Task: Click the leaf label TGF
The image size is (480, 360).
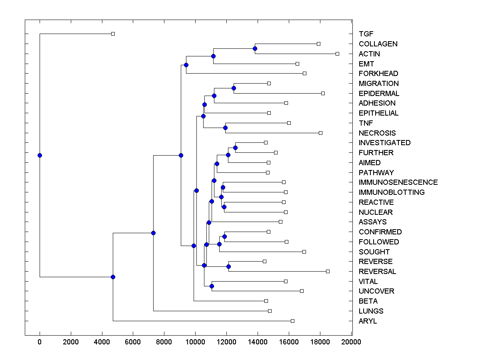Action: [366, 34]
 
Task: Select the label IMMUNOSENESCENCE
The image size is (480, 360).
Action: [398, 182]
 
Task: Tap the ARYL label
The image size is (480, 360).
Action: [368, 321]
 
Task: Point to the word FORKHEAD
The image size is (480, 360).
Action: [378, 74]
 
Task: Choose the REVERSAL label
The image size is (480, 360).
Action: [377, 272]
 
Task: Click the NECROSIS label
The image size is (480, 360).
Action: [377, 133]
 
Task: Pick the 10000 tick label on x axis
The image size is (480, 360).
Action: [195, 342]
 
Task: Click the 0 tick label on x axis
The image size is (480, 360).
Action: [40, 342]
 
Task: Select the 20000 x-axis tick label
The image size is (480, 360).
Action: [351, 342]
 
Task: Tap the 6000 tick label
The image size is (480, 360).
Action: [133, 342]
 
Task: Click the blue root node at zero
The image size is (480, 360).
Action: [40, 155]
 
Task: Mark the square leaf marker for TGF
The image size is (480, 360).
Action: [113, 34]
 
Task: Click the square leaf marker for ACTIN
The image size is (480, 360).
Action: [337, 54]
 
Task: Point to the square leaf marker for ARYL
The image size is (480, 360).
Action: [292, 321]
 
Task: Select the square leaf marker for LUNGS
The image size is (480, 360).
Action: [270, 311]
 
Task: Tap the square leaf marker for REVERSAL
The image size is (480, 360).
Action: [328, 271]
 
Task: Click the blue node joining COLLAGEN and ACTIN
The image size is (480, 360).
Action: [255, 49]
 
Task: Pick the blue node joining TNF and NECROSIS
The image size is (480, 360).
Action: [225, 128]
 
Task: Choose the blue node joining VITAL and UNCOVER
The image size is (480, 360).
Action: [212, 286]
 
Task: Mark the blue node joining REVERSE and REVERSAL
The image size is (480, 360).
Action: [228, 266]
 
